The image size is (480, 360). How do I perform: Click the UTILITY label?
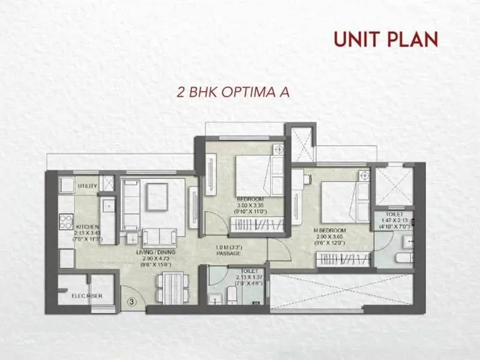point(87,187)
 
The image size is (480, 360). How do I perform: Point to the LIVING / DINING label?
point(155,253)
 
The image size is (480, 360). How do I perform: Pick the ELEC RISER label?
point(86,295)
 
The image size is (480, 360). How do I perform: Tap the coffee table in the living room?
point(158,196)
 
